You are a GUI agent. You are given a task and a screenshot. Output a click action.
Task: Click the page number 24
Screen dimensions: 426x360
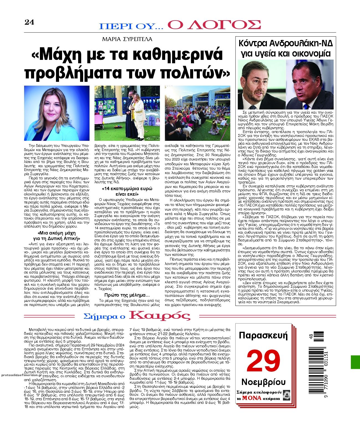29,22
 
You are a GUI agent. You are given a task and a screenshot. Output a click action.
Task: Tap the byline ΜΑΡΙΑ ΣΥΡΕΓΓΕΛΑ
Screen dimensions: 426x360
127,39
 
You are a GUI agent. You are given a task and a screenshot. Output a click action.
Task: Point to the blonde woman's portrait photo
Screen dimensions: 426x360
57,113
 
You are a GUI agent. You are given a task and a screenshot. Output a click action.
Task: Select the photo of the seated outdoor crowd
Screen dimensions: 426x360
197,113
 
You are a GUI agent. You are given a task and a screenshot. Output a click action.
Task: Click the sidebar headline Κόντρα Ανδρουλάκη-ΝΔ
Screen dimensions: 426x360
286,44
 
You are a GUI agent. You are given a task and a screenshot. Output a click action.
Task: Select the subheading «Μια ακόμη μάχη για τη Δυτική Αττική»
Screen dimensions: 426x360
57,235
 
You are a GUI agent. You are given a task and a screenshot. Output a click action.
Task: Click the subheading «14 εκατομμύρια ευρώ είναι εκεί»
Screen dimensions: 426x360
127,191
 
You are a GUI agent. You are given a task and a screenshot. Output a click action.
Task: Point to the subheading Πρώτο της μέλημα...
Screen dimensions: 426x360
127,295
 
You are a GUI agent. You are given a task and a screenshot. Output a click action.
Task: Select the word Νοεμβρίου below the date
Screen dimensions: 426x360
263,382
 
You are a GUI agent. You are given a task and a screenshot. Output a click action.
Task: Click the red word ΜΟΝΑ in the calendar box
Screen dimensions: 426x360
251,398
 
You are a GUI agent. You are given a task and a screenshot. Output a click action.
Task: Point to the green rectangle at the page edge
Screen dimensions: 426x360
355,362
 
